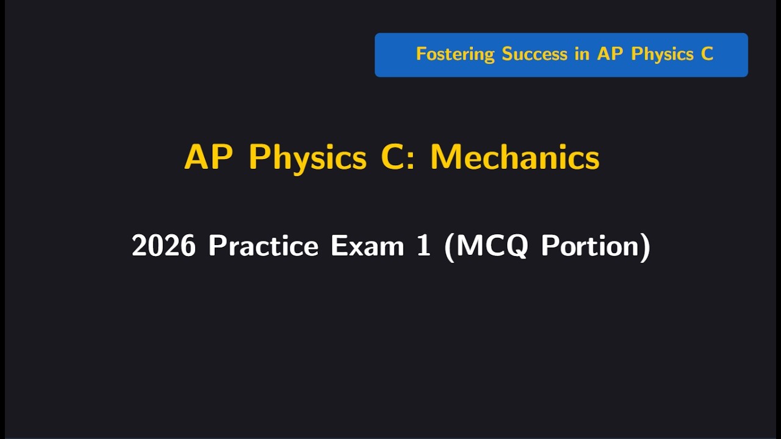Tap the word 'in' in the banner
(x=582, y=54)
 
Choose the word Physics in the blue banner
(x=663, y=55)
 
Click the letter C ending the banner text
(x=707, y=54)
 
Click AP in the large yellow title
(x=208, y=158)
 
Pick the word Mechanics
(x=515, y=158)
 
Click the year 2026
(x=164, y=246)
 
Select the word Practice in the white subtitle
(x=263, y=246)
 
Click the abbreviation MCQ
(x=491, y=246)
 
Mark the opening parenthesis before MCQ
(x=450, y=246)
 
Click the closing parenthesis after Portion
(x=645, y=246)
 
